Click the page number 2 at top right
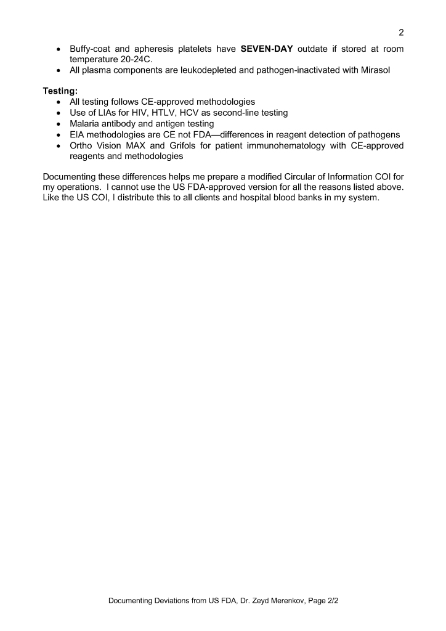coord(400,33)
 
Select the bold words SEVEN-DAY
coord(267,49)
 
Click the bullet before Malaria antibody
coord(58,124)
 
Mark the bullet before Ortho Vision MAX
coord(58,146)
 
